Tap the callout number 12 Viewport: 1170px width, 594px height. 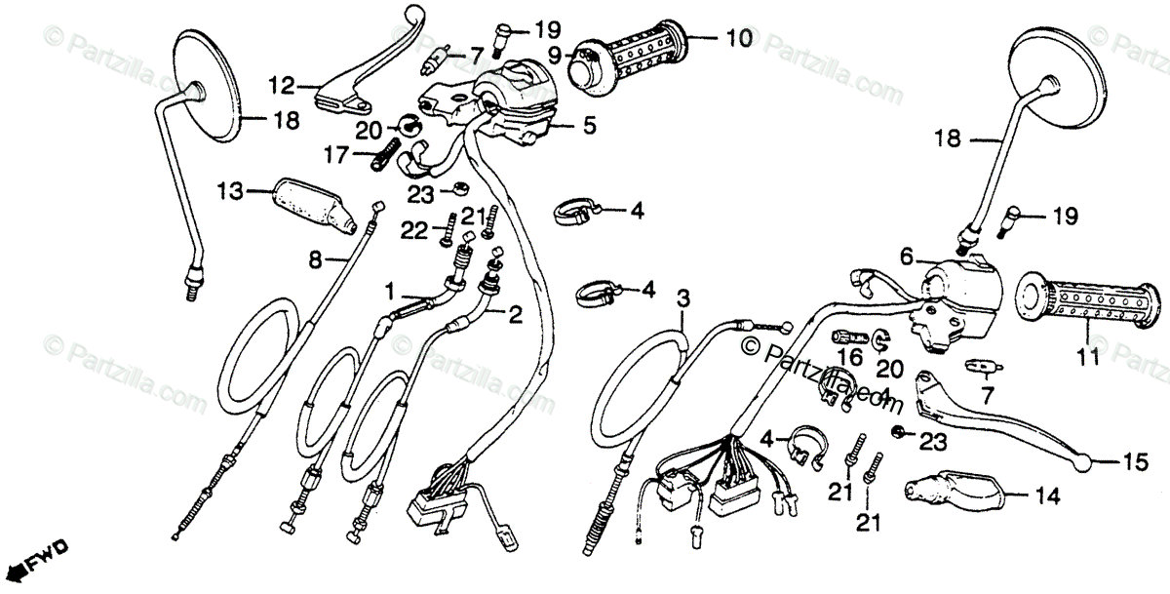[x=282, y=86]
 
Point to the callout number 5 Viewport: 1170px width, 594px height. [x=590, y=125]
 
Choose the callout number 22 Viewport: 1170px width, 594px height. [x=412, y=229]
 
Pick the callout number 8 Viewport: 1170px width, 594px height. [x=314, y=260]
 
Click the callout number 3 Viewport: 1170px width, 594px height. [x=682, y=296]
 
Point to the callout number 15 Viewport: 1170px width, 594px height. [x=1136, y=463]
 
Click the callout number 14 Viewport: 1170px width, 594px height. [x=1045, y=496]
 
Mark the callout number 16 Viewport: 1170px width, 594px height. [x=845, y=357]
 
